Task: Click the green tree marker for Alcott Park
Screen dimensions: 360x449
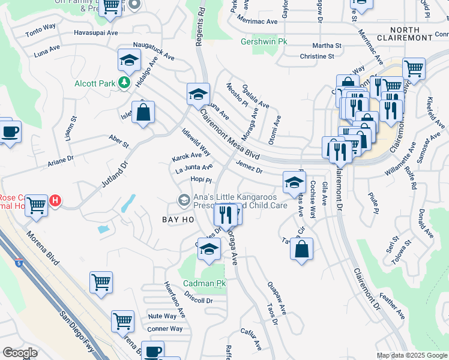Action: pos(124,82)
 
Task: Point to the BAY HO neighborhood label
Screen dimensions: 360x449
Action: pos(178,220)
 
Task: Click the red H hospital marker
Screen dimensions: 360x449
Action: pos(55,200)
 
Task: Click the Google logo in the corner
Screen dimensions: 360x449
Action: pos(20,353)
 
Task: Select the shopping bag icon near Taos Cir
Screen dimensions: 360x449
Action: pos(302,249)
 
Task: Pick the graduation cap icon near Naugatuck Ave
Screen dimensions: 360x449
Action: pos(129,61)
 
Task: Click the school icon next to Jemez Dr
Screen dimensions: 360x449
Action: pos(294,182)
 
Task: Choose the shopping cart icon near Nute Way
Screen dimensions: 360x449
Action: pos(122,321)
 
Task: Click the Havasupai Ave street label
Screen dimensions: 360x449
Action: pos(96,33)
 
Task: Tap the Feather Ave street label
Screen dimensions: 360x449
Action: pos(393,306)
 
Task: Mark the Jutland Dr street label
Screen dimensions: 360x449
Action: pos(115,174)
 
